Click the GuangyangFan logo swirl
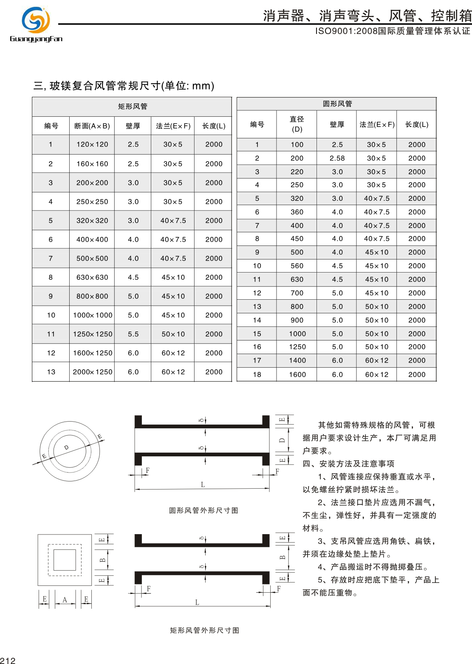click(x=36, y=20)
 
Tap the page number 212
click(x=8, y=660)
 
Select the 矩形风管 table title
click(x=133, y=106)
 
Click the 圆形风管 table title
click(x=337, y=104)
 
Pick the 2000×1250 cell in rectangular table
click(x=93, y=372)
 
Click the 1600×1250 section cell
click(x=93, y=353)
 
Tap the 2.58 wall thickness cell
click(x=337, y=158)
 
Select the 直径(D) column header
click(x=297, y=124)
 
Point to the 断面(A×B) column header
click(x=92, y=126)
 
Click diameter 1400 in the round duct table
click(x=297, y=360)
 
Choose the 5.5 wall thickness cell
click(x=133, y=334)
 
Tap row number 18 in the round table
click(x=257, y=374)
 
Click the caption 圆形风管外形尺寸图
click(x=203, y=510)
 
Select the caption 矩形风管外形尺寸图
click(x=204, y=630)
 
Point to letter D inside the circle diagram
click(x=66, y=447)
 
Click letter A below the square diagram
click(x=65, y=600)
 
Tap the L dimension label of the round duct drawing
click(x=203, y=484)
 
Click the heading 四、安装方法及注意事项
click(x=348, y=464)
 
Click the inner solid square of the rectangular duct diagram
click(x=65, y=560)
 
